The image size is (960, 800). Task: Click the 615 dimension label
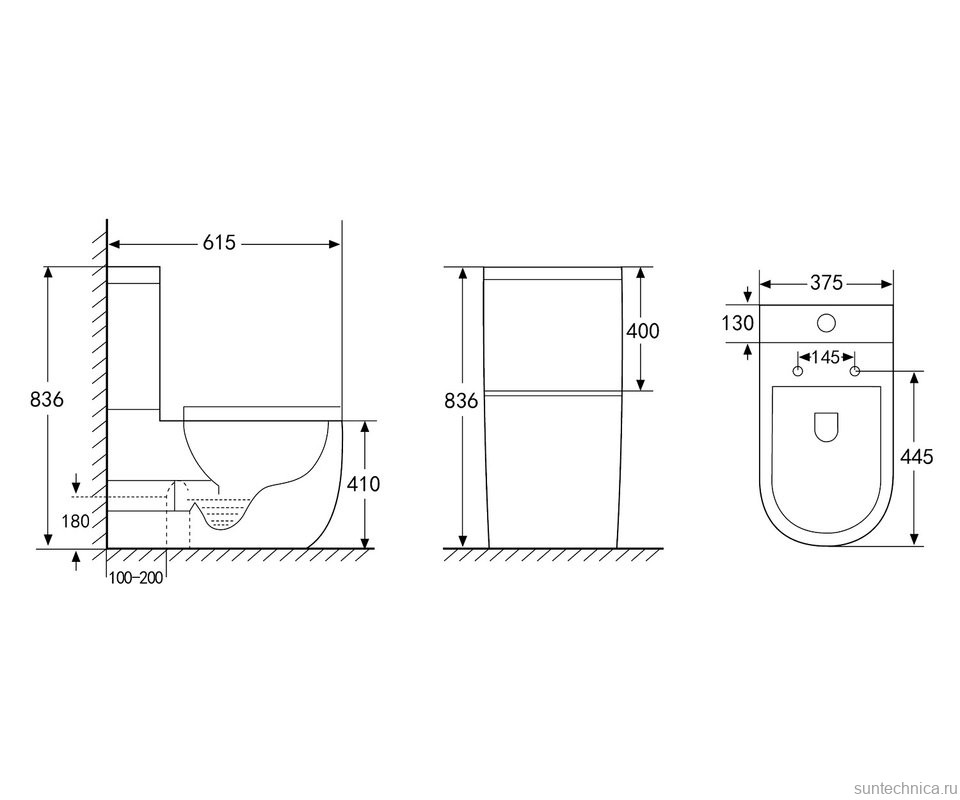[x=219, y=243]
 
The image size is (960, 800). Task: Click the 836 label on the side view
[x=47, y=399]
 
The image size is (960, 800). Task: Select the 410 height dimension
[x=363, y=484]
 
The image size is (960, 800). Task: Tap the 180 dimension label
[x=75, y=521]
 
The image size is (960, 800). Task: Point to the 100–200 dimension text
[x=136, y=577]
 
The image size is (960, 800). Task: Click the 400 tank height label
[x=643, y=331]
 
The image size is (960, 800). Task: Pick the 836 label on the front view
[x=460, y=401]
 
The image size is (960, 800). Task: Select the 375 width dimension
[x=827, y=283]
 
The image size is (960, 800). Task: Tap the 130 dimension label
[x=738, y=323]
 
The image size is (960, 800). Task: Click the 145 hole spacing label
[x=826, y=357]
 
